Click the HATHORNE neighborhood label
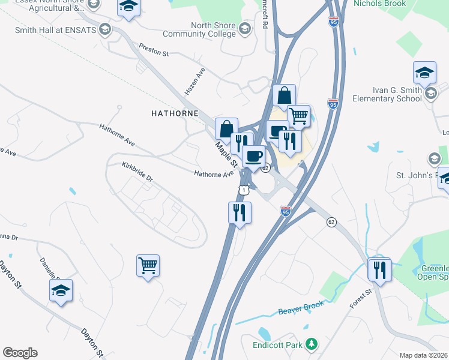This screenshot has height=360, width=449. [174, 112]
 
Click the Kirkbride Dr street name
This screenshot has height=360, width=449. [137, 171]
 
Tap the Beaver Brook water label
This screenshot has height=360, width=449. [301, 308]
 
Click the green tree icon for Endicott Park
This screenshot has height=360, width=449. [311, 344]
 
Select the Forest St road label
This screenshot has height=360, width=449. [361, 298]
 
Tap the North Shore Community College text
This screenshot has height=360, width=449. [214, 29]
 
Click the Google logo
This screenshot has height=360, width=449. [20, 353]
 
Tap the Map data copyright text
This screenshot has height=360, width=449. [424, 355]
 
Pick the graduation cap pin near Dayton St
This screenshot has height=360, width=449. [61, 291]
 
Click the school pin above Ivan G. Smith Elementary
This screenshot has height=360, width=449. [424, 73]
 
